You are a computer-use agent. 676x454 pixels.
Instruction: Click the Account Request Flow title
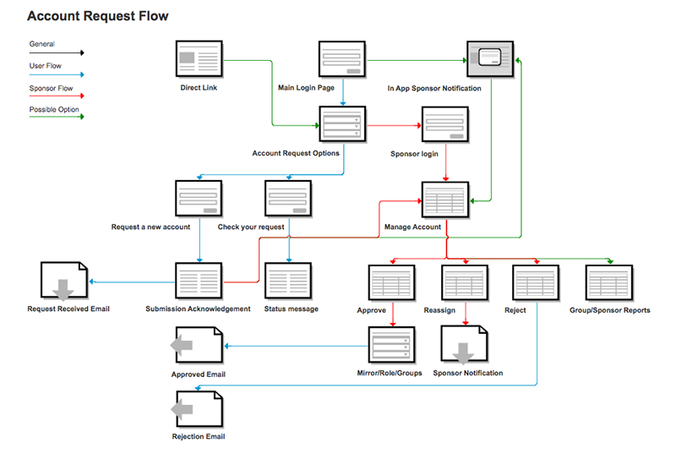click(98, 16)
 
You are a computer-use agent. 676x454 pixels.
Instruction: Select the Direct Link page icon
click(199, 60)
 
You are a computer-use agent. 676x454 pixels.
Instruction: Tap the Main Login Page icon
click(342, 60)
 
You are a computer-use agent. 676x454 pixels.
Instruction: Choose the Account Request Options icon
click(342, 125)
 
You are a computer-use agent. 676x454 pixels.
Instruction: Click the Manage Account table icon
click(445, 200)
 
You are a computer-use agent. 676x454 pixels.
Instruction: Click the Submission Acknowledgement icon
click(199, 282)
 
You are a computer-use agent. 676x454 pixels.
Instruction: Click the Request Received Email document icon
click(63, 282)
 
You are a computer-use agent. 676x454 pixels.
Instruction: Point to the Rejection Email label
click(199, 437)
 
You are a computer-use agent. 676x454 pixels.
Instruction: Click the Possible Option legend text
click(50, 110)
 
